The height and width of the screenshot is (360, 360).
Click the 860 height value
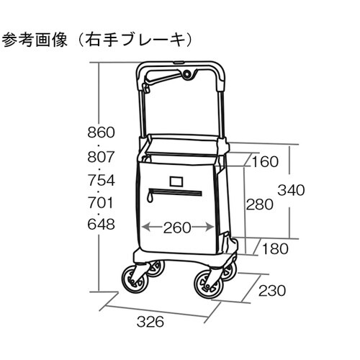tap(101, 132)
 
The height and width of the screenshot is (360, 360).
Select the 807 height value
tap(101, 157)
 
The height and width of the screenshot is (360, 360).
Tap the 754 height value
tap(101, 180)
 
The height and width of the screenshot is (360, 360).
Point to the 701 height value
tap(101, 203)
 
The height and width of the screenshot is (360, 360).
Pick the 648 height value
tap(101, 225)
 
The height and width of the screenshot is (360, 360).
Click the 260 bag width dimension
tap(177, 228)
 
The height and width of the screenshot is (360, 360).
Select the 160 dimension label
tap(265, 162)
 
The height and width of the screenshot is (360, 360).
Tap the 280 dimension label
tap(260, 204)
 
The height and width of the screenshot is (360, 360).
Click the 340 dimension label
tap(291, 190)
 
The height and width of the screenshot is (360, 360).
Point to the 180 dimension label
tap(275, 248)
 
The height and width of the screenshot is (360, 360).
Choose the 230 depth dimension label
tap(272, 291)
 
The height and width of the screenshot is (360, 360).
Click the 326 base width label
tap(150, 322)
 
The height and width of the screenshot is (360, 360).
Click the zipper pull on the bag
tap(150, 197)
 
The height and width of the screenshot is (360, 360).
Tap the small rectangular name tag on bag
tap(176, 181)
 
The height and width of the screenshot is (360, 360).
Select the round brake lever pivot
tap(187, 74)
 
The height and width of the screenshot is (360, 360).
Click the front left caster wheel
tap(135, 280)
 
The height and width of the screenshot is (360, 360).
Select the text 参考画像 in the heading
tap(35, 40)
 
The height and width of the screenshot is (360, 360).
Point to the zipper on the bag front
tap(174, 193)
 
